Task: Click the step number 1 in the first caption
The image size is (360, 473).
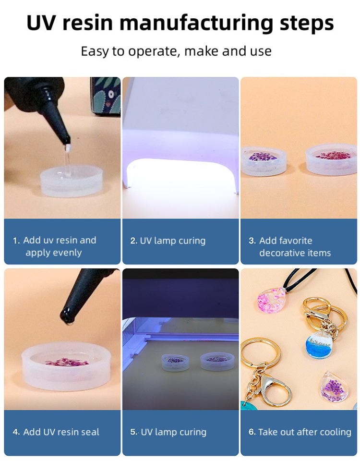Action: coord(16,241)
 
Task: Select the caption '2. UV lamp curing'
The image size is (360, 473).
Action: coord(168,241)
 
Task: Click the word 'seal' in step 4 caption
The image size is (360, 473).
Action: coord(89,432)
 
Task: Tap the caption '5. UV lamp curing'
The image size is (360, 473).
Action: coord(168,432)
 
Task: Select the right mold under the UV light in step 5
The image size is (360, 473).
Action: coord(217,359)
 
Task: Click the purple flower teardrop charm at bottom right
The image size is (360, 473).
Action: coord(335,387)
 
